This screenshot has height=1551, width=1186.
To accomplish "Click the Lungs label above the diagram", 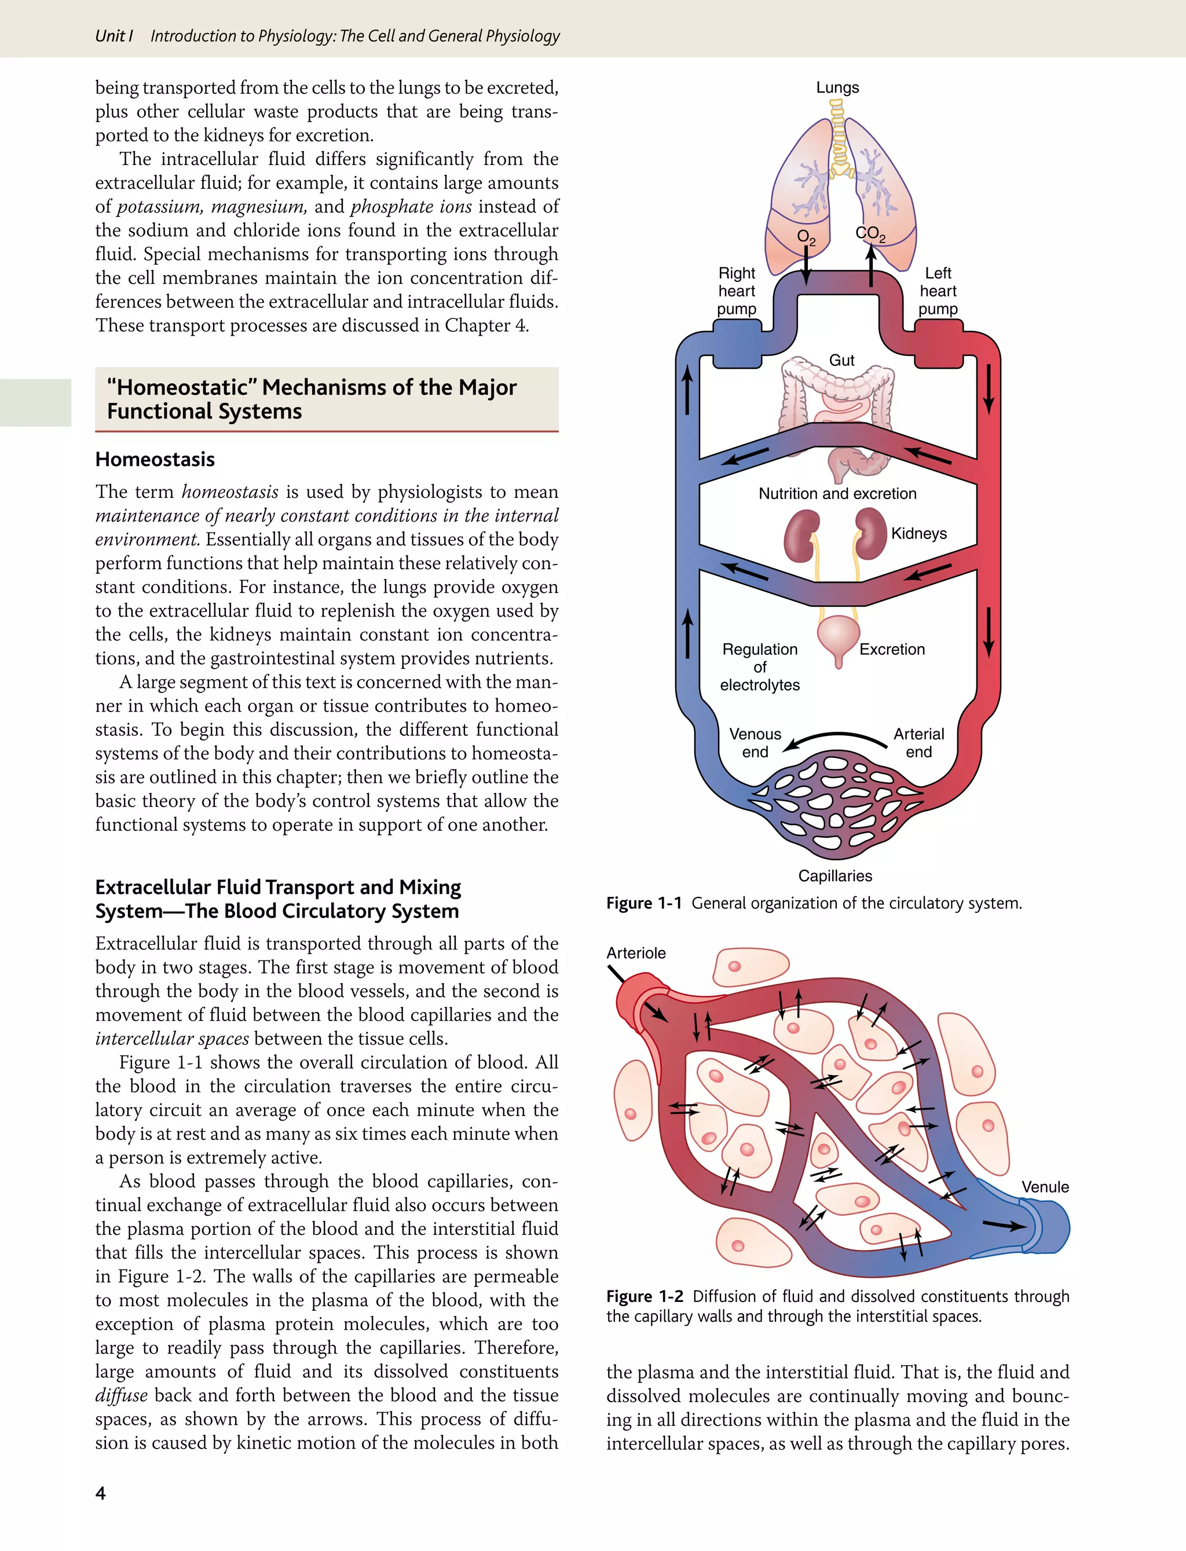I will tap(837, 87).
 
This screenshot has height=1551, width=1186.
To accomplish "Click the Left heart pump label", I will tap(938, 291).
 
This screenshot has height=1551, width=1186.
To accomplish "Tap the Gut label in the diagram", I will tap(841, 360).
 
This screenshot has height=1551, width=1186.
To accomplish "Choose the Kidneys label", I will tap(918, 533).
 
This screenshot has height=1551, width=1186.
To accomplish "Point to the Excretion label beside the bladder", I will tap(892, 649).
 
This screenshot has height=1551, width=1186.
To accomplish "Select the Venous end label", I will tap(755, 743).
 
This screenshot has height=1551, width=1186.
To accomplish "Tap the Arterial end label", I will tap(918, 743).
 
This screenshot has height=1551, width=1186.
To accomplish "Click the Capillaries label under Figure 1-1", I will tap(835, 876).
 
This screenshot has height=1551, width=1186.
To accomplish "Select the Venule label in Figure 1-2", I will tap(1045, 1187).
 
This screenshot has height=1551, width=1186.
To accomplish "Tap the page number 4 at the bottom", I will tap(100, 1493).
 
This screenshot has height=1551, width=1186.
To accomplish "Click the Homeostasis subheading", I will tap(155, 459).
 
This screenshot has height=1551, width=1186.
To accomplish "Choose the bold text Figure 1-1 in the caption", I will tap(644, 903).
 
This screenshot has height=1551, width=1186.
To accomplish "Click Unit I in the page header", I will tap(114, 36).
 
